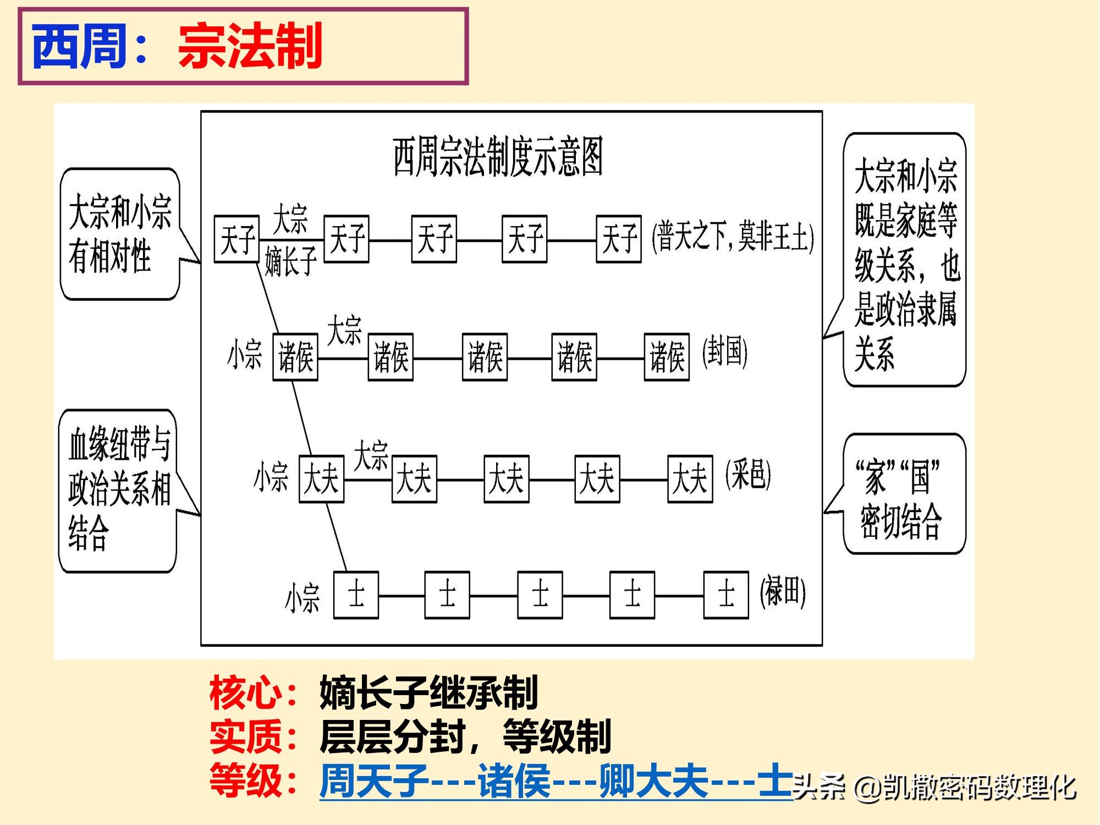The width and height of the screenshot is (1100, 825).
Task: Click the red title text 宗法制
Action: (250, 46)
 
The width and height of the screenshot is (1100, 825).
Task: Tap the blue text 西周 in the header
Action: (80, 46)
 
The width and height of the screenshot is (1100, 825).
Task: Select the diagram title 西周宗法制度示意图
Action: (498, 157)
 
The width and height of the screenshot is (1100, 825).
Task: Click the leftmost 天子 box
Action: (237, 239)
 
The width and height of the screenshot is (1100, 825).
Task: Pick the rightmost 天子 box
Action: (619, 239)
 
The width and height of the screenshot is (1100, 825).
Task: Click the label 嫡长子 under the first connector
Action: (290, 261)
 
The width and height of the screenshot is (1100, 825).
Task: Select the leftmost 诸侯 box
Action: (295, 357)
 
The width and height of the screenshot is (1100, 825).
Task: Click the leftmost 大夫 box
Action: (321, 479)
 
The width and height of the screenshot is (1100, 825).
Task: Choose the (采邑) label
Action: (748, 474)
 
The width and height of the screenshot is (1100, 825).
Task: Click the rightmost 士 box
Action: (726, 595)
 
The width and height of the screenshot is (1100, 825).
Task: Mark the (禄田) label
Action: (783, 592)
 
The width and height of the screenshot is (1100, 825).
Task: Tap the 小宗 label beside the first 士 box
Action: (302, 598)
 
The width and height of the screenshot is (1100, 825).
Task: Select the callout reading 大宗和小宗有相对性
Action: (120, 234)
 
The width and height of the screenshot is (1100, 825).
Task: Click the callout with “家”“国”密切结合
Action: (904, 494)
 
